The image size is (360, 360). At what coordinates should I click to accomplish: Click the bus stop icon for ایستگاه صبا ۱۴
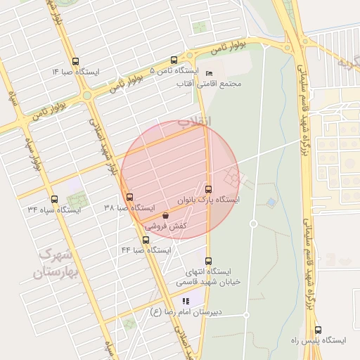click(x=75, y=60)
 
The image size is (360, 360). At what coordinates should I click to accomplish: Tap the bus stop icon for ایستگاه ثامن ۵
click(x=174, y=60)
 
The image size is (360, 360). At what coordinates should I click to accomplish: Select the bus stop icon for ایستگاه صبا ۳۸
click(x=129, y=197)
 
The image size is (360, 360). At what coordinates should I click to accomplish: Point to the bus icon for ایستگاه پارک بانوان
click(x=207, y=188)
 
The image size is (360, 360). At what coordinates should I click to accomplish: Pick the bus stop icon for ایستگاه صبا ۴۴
click(x=146, y=240)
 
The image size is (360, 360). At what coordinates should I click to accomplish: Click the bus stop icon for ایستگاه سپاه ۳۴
click(x=54, y=199)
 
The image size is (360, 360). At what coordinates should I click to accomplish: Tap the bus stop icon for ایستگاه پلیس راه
click(x=318, y=329)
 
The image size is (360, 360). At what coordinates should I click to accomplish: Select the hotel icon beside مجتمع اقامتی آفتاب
click(x=209, y=73)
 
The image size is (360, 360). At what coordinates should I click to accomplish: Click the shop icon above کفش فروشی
click(x=165, y=216)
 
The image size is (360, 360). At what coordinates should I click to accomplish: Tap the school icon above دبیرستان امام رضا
click(x=186, y=301)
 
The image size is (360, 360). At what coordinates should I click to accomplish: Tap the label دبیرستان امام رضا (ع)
click(x=186, y=311)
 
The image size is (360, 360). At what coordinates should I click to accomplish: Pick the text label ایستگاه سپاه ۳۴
click(x=54, y=210)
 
